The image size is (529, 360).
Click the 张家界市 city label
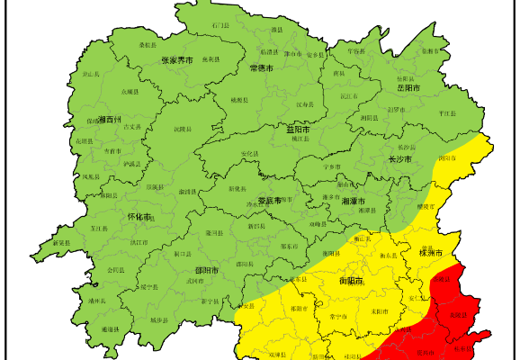(x=177, y=60)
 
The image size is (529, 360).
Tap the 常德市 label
(x=262, y=67)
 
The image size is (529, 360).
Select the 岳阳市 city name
(x=408, y=88)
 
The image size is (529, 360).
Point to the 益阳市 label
(x=298, y=130)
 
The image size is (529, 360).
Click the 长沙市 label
(x=399, y=159)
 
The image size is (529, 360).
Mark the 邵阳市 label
(x=208, y=269)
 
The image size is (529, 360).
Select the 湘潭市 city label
(x=354, y=202)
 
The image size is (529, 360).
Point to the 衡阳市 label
(x=352, y=280)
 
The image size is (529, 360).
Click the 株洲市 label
(x=431, y=253)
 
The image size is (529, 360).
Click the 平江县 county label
(x=447, y=114)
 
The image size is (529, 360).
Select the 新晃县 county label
(x=60, y=243)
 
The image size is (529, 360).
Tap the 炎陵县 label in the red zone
(x=459, y=314)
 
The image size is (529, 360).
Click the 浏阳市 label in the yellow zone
(x=446, y=157)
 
